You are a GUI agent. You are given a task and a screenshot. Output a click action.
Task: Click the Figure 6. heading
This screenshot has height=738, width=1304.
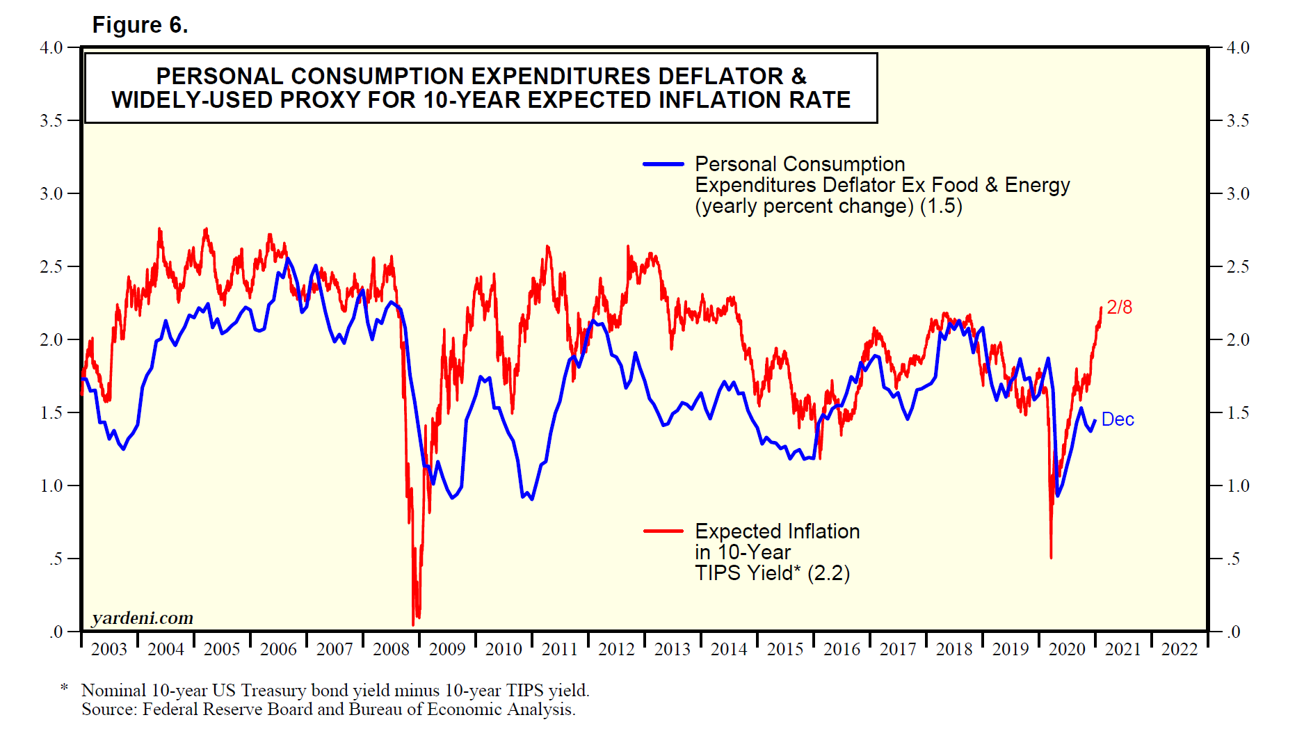(140, 25)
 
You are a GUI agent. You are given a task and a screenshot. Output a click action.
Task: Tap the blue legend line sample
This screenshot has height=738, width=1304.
(663, 164)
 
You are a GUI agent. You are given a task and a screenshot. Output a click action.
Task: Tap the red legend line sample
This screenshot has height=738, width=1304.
(663, 531)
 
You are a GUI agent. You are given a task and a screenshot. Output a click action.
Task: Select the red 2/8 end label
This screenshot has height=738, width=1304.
(1120, 307)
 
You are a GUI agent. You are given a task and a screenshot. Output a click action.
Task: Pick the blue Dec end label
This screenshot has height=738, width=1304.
(1118, 419)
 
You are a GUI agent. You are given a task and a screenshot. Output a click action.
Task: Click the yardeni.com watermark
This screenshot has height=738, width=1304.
(143, 618)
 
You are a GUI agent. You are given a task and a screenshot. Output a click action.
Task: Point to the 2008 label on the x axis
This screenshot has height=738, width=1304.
(391, 650)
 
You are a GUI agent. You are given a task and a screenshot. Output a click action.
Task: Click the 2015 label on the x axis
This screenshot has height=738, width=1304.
(785, 650)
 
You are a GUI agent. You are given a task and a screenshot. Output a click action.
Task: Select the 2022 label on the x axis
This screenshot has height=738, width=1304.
(1180, 650)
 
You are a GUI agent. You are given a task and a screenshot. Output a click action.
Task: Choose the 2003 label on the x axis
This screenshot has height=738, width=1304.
(109, 650)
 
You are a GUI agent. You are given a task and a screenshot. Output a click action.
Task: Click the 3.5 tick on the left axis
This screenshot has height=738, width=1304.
(51, 121)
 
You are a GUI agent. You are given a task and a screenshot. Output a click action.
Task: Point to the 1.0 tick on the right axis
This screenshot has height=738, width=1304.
(1238, 486)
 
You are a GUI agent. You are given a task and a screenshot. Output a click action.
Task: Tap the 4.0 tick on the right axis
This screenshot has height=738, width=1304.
(1238, 48)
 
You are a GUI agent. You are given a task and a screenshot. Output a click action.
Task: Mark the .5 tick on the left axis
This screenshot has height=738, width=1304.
(56, 559)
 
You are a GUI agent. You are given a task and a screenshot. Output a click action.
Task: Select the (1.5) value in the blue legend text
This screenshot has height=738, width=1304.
(941, 207)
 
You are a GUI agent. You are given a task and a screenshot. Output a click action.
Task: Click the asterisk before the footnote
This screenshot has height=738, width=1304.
(64, 689)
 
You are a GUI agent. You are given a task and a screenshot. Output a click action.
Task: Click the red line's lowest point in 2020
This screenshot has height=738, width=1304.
(1051, 557)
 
